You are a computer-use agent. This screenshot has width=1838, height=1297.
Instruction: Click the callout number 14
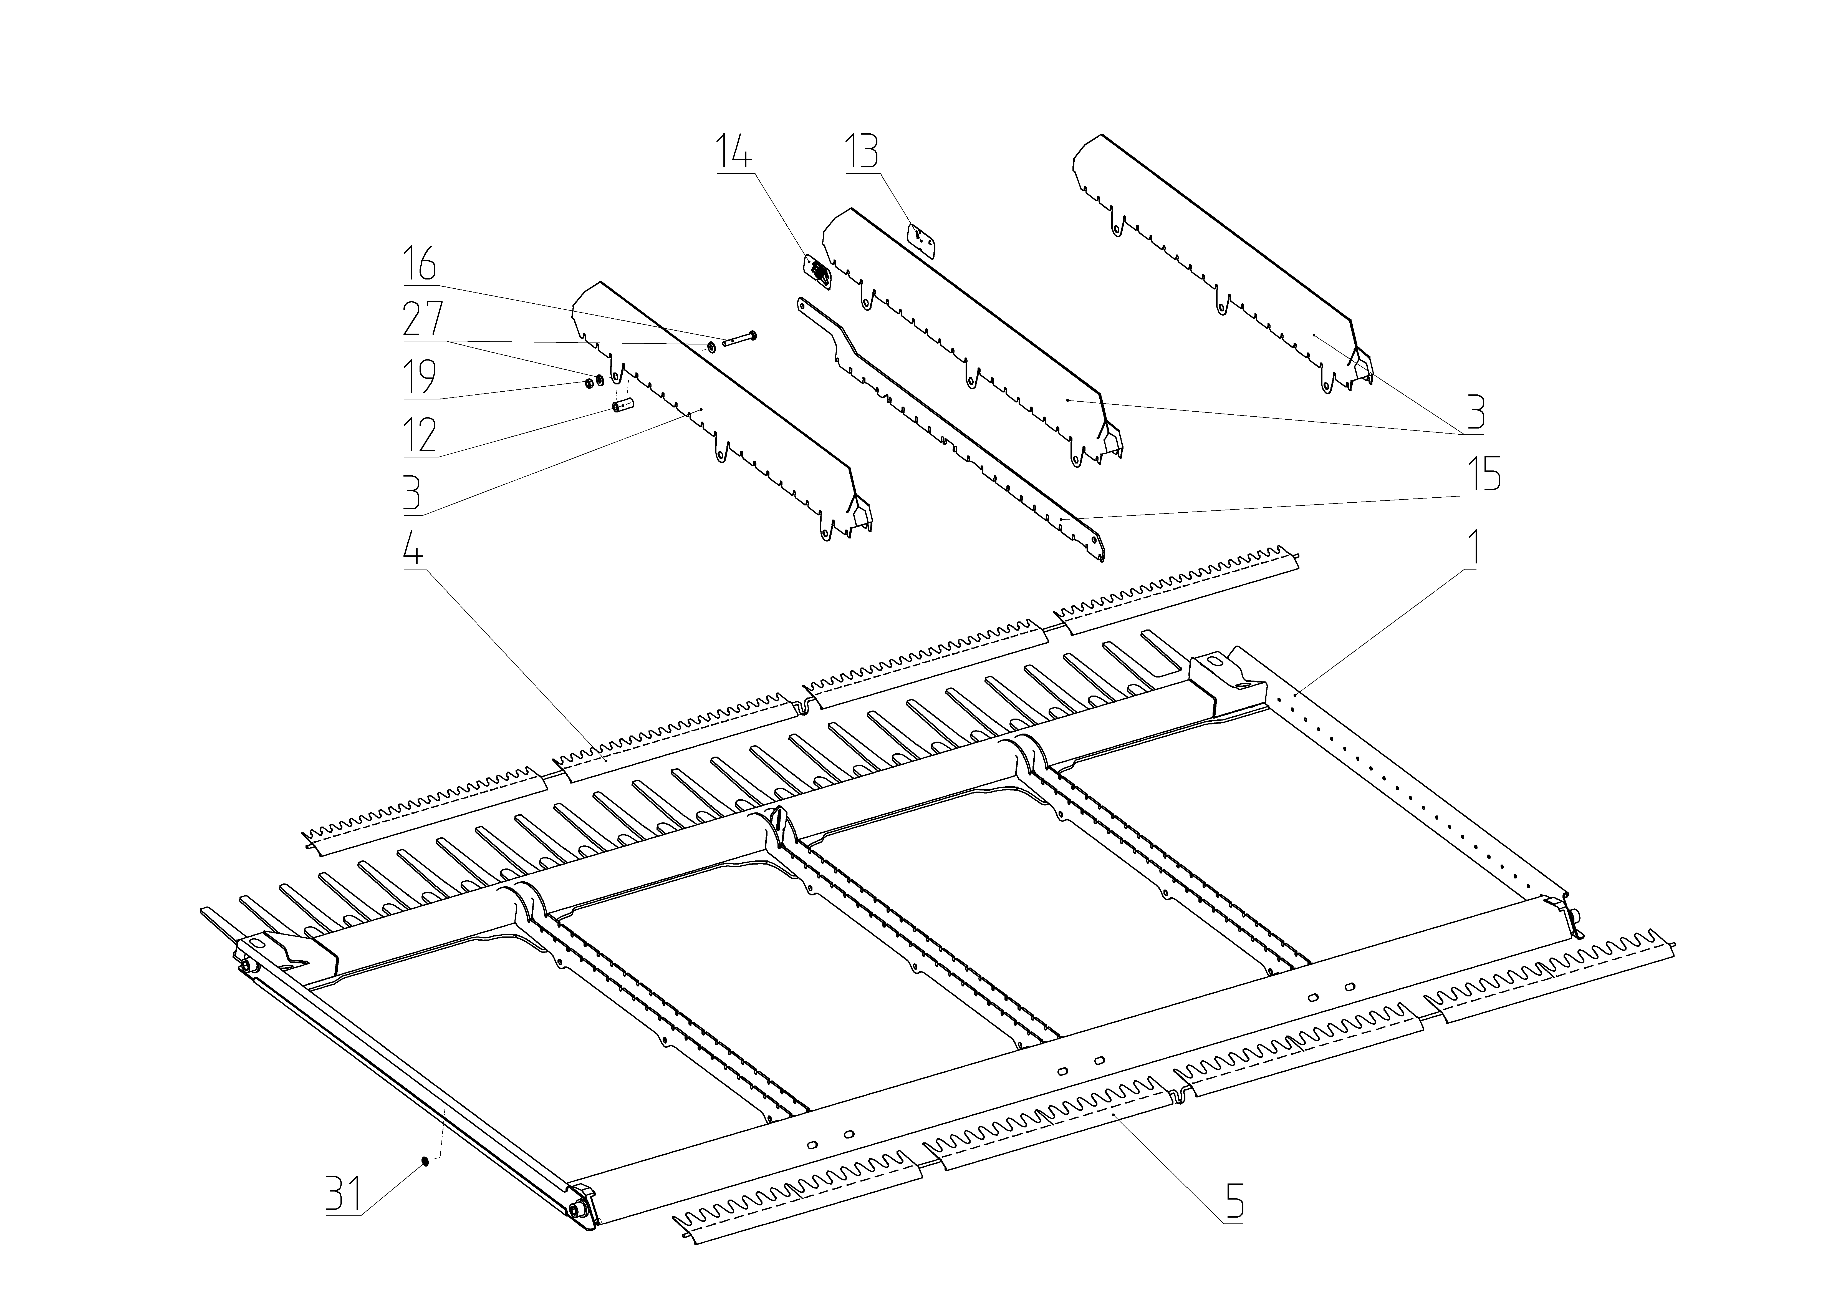pyautogui.click(x=734, y=152)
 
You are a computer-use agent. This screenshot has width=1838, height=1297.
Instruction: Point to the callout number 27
pyautogui.click(x=422, y=320)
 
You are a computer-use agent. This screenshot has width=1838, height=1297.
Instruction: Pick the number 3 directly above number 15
pyautogui.click(x=1475, y=413)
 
